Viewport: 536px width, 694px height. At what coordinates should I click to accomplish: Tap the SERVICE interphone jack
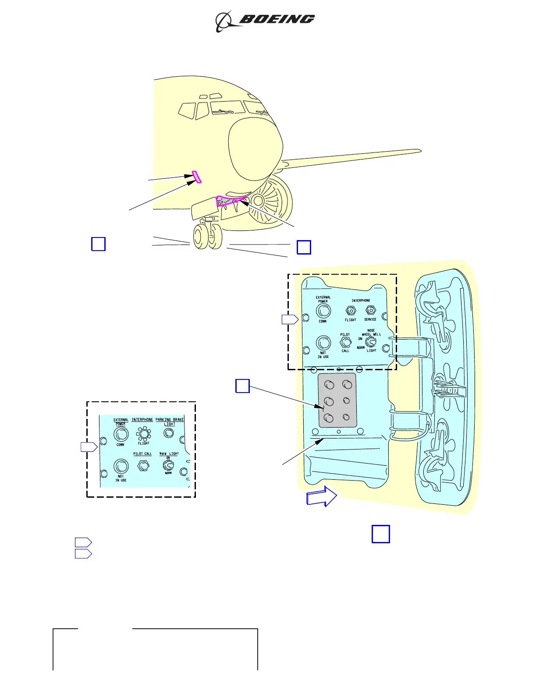click(371, 311)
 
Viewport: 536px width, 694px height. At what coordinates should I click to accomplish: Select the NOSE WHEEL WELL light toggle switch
click(371, 342)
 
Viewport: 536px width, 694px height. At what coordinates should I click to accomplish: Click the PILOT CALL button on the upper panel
click(346, 343)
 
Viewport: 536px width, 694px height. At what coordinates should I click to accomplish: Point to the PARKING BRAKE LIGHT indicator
click(169, 433)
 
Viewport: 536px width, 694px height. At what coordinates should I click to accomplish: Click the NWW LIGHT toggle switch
click(168, 464)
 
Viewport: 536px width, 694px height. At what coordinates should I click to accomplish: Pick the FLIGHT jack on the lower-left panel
click(143, 434)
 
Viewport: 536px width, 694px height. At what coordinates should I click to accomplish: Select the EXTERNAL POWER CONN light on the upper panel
click(323, 311)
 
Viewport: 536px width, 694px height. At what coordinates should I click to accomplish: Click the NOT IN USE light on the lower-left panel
click(121, 466)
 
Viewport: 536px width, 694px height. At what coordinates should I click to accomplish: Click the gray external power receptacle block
click(337, 400)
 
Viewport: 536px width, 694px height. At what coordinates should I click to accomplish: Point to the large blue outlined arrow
click(322, 497)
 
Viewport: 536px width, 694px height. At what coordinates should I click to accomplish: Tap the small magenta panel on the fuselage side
click(197, 177)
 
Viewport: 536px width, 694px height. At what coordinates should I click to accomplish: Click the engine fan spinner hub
click(258, 201)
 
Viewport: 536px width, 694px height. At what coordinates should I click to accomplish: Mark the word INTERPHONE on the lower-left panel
click(142, 420)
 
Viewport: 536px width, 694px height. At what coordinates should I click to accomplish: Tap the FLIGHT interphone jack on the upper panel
click(351, 311)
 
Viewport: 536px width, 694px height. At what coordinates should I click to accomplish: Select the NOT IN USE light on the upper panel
click(323, 343)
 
